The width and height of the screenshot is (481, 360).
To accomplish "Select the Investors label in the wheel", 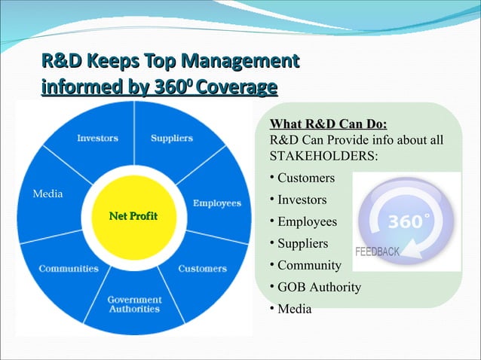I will [97, 138].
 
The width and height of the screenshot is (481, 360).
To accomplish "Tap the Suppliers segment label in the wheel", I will [171, 138].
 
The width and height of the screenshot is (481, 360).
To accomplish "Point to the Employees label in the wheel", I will [216, 203].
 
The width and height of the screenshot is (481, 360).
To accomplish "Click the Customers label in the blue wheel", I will [202, 268].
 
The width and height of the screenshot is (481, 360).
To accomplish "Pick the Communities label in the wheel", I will [69, 268].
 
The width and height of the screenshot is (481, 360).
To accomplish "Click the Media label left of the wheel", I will [47, 194].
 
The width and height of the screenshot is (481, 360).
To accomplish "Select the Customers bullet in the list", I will [305, 178].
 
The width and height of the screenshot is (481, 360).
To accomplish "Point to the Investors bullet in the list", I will [302, 200].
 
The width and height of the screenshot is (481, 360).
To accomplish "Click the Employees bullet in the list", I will [307, 222].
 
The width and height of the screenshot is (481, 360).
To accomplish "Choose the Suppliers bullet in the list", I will [302, 243].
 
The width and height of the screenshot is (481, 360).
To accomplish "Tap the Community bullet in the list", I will [309, 265].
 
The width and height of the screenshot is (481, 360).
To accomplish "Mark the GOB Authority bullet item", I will [319, 287].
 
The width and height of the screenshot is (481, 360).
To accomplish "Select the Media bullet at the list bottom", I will [294, 309].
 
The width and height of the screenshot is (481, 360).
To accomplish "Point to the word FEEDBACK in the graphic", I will [377, 252].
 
